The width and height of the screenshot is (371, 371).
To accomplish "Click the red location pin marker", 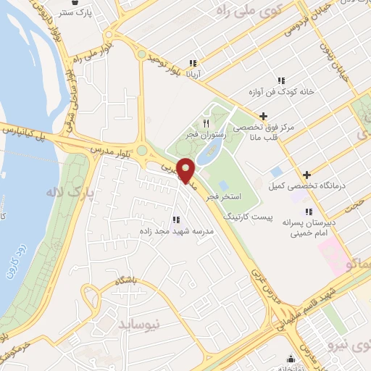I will coord(186,170).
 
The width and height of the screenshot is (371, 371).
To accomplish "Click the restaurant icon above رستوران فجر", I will coord(206,122).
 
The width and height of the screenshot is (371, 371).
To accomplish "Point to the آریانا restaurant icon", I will coord(193,63).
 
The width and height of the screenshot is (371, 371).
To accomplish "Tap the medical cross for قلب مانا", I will coord(263,116).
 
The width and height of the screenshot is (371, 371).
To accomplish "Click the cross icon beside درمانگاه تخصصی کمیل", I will coord(308,174).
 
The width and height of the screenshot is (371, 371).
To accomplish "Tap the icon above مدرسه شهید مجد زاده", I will coord(175,219).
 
